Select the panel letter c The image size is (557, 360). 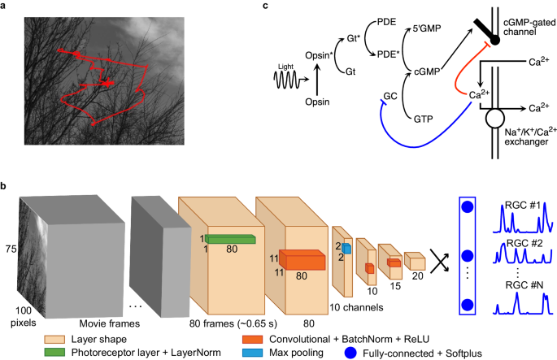(x=264, y=7)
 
